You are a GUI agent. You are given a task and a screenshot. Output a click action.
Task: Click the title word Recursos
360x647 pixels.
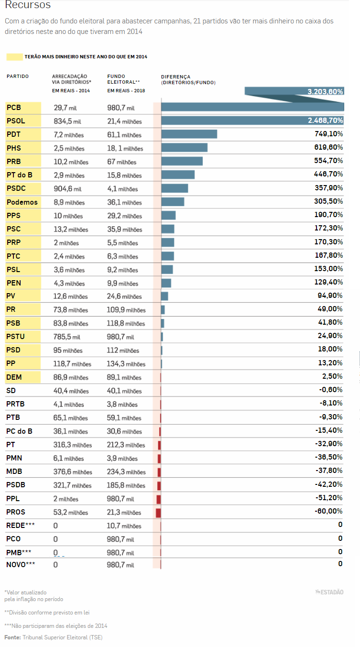pyautogui.click(x=27, y=6)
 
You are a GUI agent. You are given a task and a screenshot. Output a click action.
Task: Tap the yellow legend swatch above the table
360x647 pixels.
pyautogui.click(x=14, y=57)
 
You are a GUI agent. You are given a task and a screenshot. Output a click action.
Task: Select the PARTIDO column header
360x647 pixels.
pyautogui.click(x=18, y=76)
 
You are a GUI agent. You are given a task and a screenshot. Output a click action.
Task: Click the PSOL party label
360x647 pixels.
pyautogui.click(x=15, y=121)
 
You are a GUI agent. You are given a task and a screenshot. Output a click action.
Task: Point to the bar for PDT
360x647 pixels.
pyautogui.click(x=189, y=134)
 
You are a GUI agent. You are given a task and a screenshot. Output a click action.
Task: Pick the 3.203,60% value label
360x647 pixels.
pyautogui.click(x=325, y=91)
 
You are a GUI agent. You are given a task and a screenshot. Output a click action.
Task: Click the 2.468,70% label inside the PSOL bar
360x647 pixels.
pyautogui.click(x=326, y=121)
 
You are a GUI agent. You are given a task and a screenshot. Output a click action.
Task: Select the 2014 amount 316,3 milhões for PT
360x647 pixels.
pyautogui.click(x=72, y=445)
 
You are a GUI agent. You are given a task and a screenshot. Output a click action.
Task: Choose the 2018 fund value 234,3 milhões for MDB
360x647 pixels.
pyautogui.click(x=126, y=472)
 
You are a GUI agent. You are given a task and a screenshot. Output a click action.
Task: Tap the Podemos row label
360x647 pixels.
pyautogui.click(x=22, y=202)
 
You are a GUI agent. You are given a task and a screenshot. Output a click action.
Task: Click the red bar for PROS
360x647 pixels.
pyautogui.click(x=158, y=513)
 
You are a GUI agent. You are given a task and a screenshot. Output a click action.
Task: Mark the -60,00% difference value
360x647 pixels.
pyautogui.click(x=328, y=511)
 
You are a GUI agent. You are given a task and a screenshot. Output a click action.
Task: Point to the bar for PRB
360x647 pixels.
pyautogui.click(x=182, y=161)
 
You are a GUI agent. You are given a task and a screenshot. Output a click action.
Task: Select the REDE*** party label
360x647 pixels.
pyautogui.click(x=21, y=526)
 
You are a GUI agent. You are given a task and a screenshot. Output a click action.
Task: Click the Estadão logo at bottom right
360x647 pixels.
pyautogui.click(x=329, y=592)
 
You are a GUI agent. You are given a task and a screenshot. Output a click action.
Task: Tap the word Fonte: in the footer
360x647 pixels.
pyautogui.click(x=12, y=637)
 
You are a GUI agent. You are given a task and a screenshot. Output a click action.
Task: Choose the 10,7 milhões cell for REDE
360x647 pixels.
pyautogui.click(x=124, y=526)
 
